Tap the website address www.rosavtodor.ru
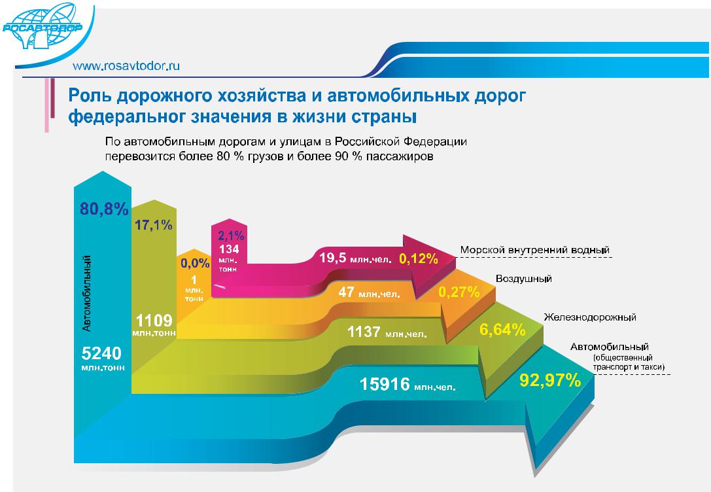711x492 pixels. [x=126, y=65]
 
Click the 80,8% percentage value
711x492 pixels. [x=104, y=209]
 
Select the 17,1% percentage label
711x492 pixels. [x=153, y=224]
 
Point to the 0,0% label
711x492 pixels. [x=195, y=263]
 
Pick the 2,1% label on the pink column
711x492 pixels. [x=231, y=236]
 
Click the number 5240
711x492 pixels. [x=101, y=353]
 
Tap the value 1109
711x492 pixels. [x=154, y=321]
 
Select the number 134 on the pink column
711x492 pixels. [x=229, y=249]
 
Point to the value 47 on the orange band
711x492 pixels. [x=347, y=292]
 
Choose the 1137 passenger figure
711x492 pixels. [x=364, y=332]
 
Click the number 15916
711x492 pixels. [x=385, y=384]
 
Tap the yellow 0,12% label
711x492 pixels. [x=419, y=258]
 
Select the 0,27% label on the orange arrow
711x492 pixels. [x=459, y=292]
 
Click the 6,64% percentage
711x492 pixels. [x=502, y=329]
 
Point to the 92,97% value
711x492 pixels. [x=550, y=380]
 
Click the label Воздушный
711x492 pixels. [x=524, y=279]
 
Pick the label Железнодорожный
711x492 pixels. [x=590, y=317]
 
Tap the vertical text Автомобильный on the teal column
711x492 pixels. [x=86, y=293]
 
